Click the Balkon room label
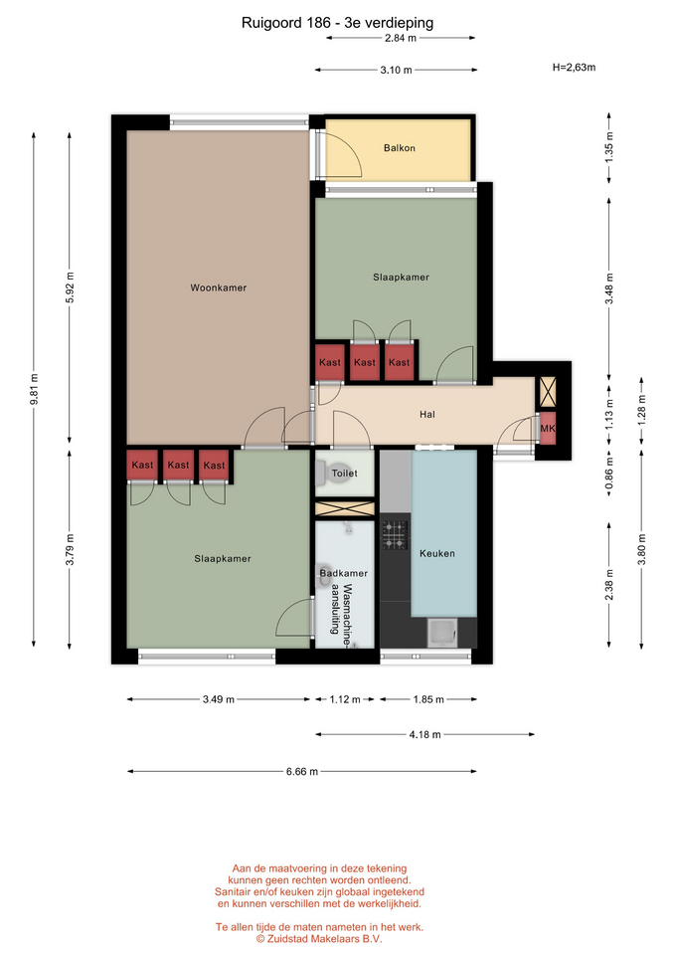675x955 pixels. click(x=400, y=148)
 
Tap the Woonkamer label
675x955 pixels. click(x=219, y=288)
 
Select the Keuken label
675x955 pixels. click(x=437, y=554)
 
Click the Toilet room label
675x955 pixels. click(x=345, y=474)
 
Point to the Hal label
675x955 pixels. click(x=427, y=415)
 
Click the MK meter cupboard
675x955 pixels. click(x=548, y=429)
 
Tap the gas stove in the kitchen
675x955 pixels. click(x=395, y=535)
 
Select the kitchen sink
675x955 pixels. click(x=442, y=633)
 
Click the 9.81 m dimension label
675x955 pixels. click(x=35, y=389)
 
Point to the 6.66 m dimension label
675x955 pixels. click(x=302, y=772)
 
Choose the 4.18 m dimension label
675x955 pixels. click(x=424, y=735)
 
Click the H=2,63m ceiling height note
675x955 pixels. click(x=574, y=68)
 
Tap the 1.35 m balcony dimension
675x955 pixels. click(x=609, y=147)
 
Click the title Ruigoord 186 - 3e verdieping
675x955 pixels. click(x=337, y=23)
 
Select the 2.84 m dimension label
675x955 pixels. click(x=401, y=39)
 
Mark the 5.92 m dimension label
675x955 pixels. click(x=70, y=286)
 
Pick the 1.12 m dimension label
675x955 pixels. click(x=345, y=699)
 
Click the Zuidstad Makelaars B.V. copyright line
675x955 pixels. click(x=319, y=939)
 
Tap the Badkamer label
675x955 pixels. click(x=344, y=573)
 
